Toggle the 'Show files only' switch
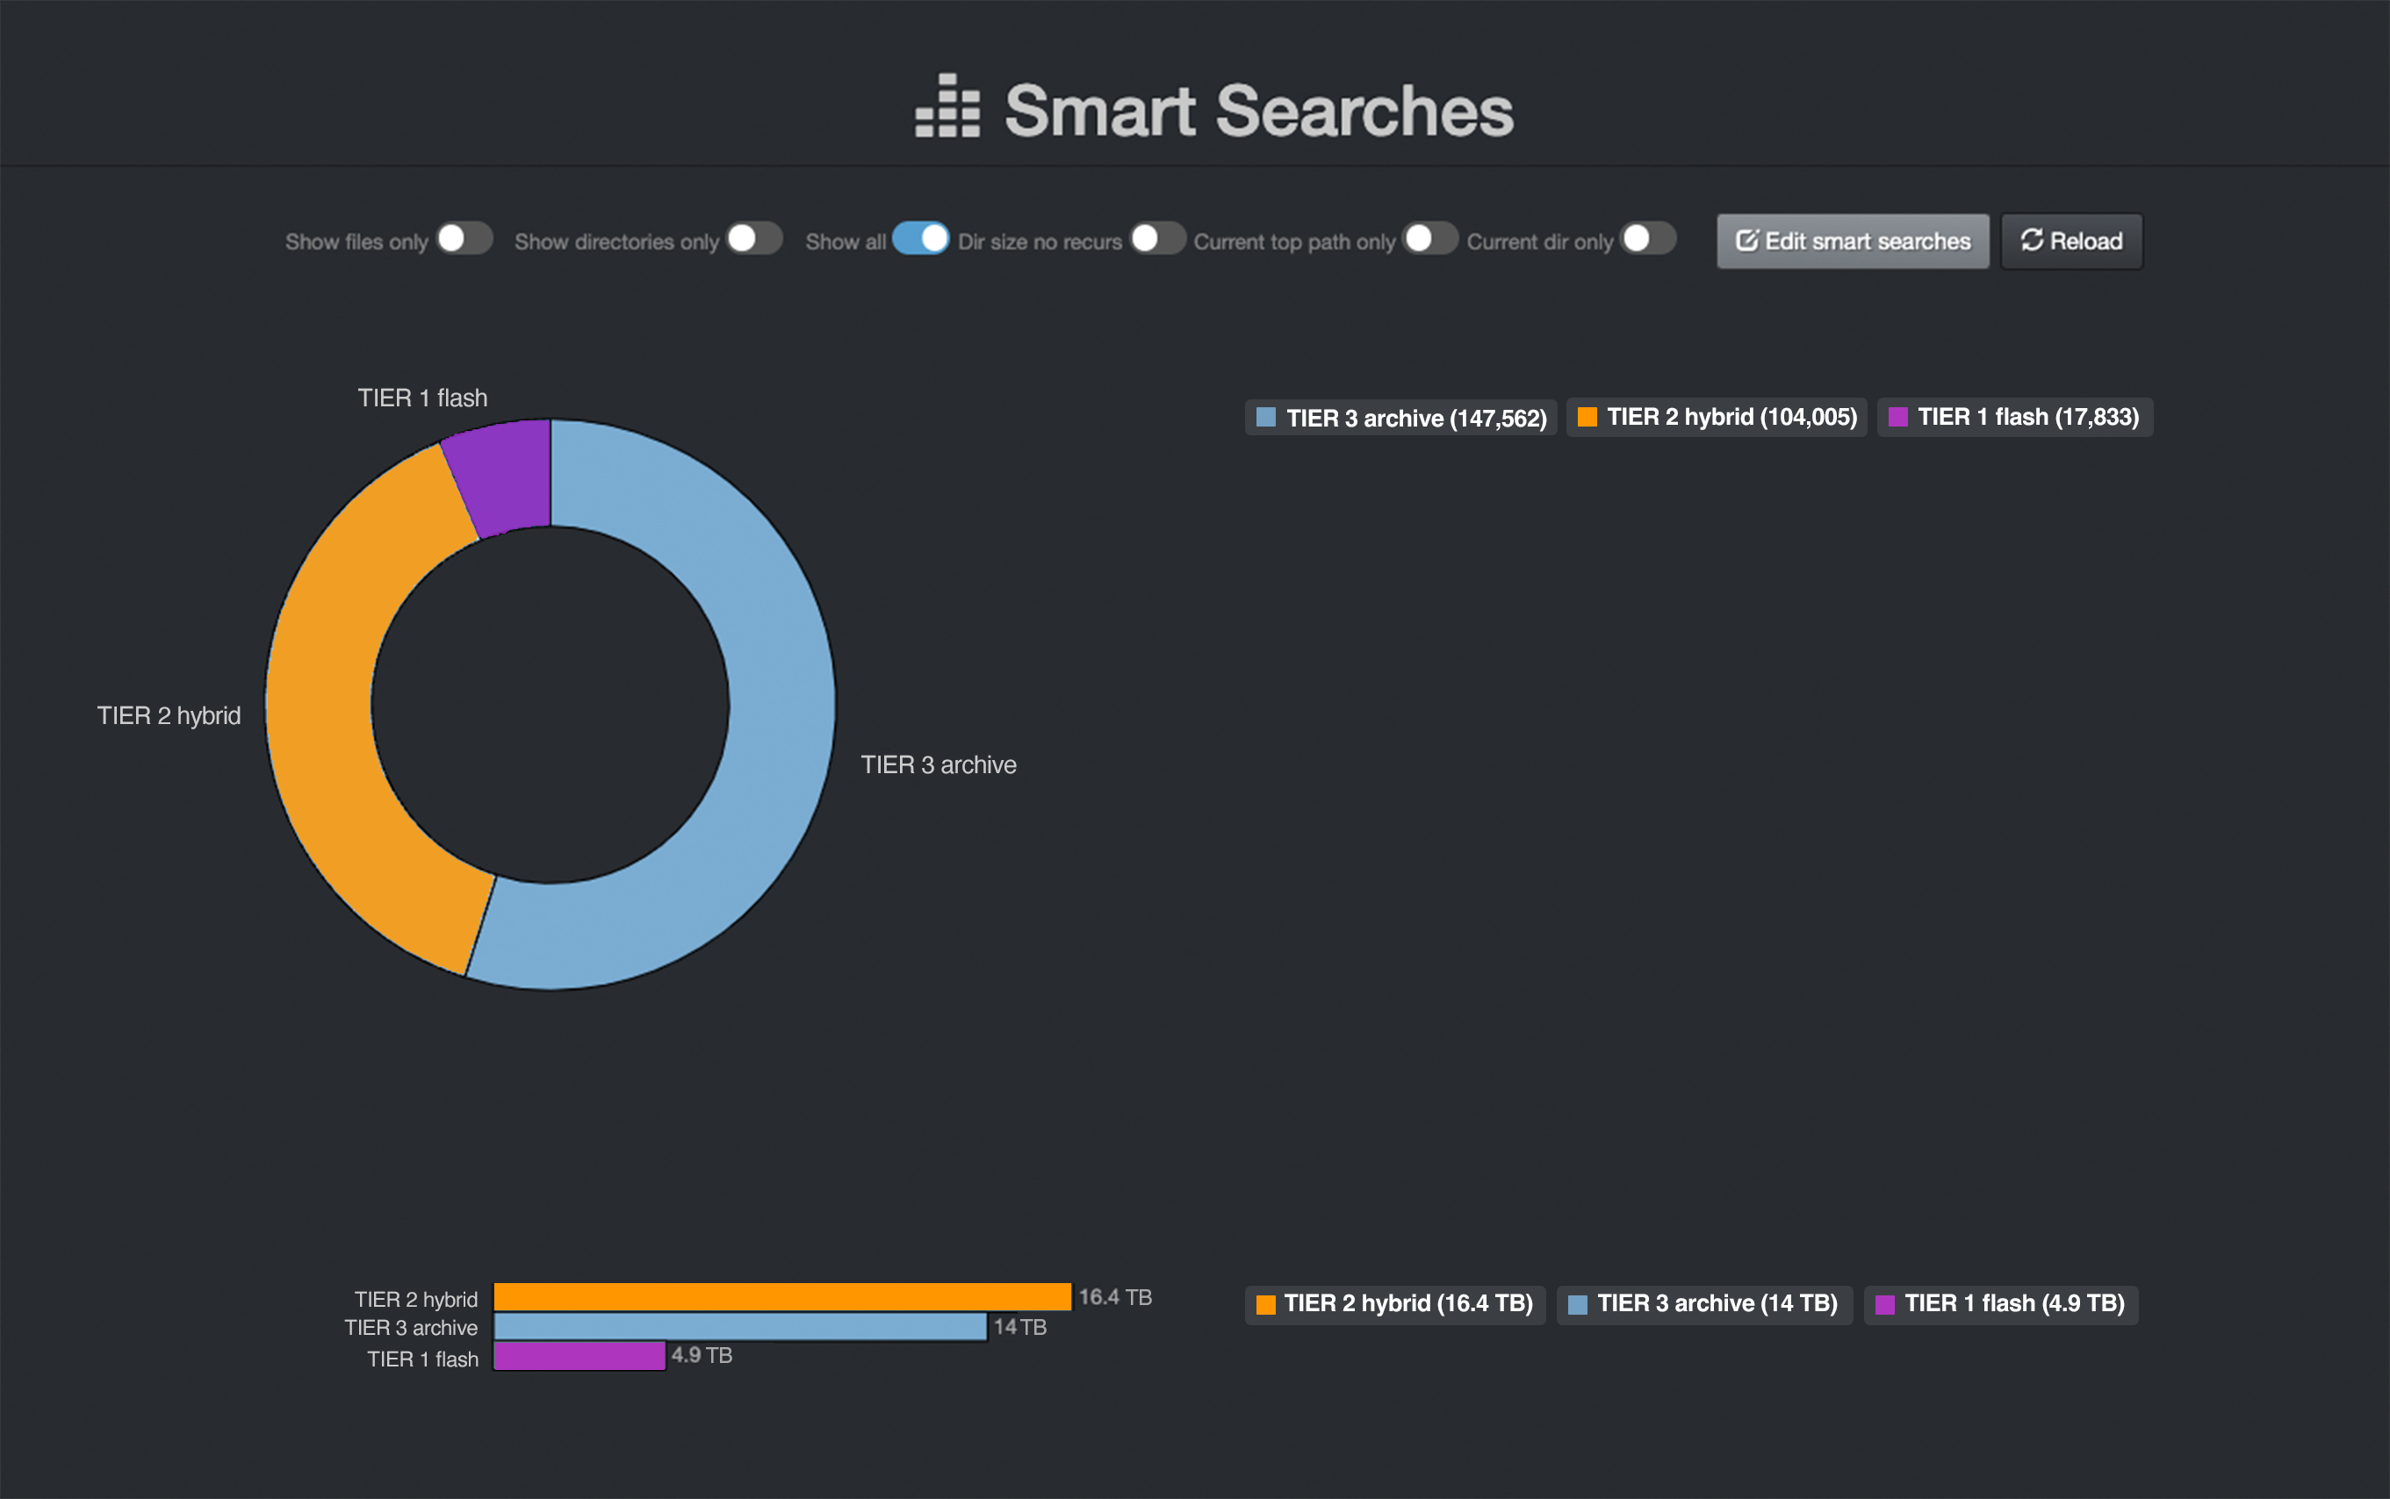click(x=464, y=239)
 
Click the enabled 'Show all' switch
click(x=920, y=239)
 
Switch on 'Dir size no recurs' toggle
click(x=1157, y=239)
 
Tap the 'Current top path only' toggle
click(x=1430, y=239)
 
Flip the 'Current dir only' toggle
click(x=1648, y=239)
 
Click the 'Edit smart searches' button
click(x=1853, y=240)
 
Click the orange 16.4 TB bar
click(x=781, y=1297)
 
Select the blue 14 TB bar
click(x=740, y=1326)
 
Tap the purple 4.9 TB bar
click(x=580, y=1355)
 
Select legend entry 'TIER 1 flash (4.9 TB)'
click(x=2001, y=1303)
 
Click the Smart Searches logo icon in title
click(x=947, y=106)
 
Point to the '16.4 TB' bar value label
click(x=1115, y=1297)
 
